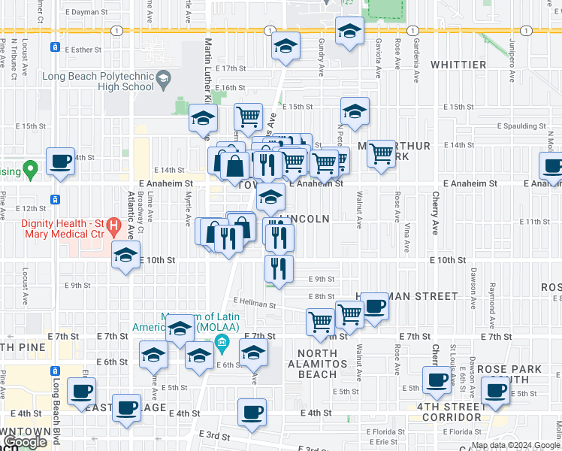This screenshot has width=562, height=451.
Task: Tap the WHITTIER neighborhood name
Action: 458,65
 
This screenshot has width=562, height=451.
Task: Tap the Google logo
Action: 25,442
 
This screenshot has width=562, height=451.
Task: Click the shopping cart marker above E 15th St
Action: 249,117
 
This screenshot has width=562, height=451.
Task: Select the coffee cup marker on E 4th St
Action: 252,412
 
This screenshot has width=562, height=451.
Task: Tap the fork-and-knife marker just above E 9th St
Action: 279,268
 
